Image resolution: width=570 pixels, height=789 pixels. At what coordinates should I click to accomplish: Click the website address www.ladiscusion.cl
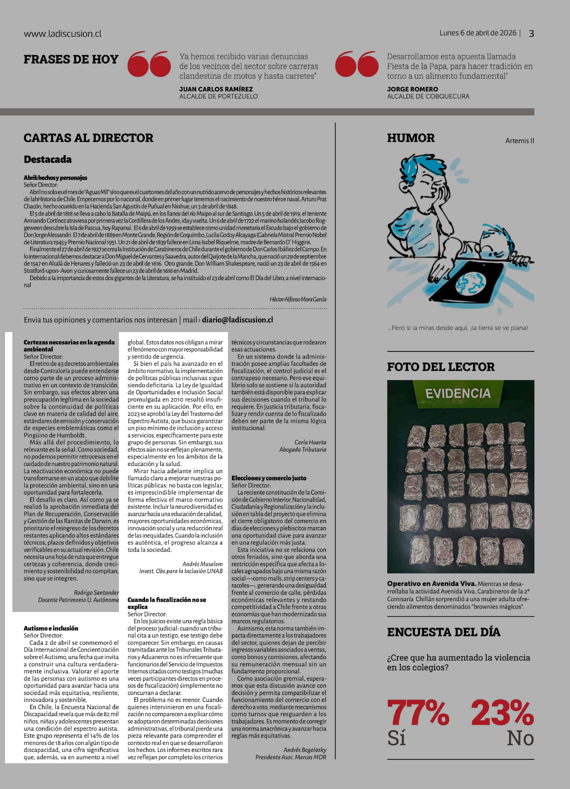pyautogui.click(x=63, y=34)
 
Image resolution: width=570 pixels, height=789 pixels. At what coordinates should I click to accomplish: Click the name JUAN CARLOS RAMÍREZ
pyautogui.click(x=216, y=89)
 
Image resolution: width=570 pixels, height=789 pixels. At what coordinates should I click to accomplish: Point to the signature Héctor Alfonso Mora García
pyautogui.click(x=298, y=299)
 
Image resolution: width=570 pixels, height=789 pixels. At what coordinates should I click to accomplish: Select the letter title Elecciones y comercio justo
pyautogui.click(x=269, y=478)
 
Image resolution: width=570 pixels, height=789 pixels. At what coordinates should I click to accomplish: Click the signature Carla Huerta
pyautogui.click(x=310, y=442)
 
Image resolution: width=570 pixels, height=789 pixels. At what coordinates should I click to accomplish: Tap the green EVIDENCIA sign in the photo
pyautogui.click(x=458, y=393)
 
